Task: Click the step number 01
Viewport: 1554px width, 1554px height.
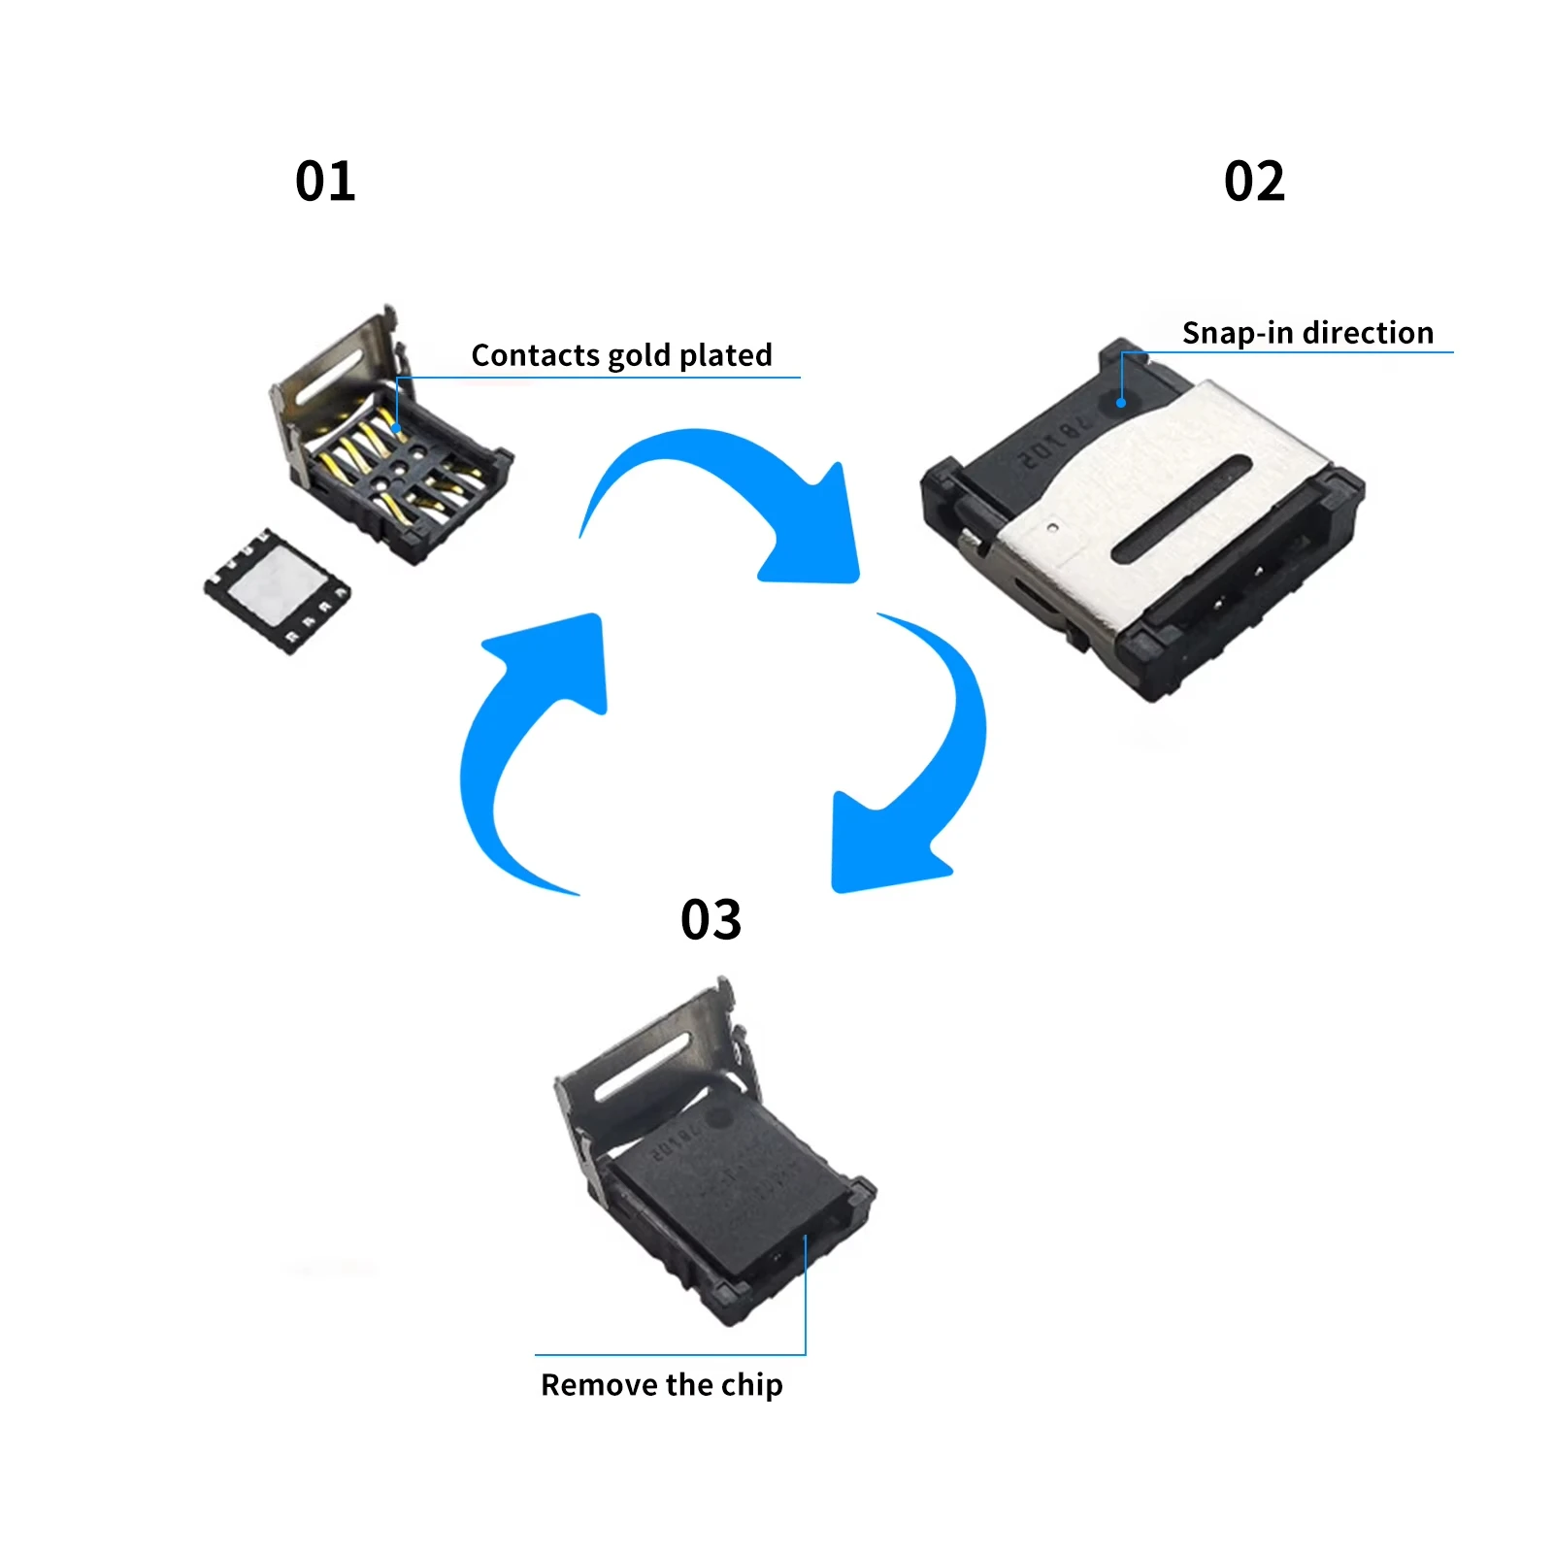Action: [325, 182]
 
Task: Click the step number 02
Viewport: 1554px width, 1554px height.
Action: [1254, 182]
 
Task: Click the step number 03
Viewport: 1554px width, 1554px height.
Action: [711, 919]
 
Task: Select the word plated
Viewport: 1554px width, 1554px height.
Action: [726, 356]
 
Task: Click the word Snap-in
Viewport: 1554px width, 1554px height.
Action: [1238, 334]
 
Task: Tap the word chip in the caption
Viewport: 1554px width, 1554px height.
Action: [752, 1386]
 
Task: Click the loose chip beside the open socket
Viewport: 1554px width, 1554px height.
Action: [278, 590]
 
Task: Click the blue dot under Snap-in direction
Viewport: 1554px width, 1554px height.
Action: [1121, 403]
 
